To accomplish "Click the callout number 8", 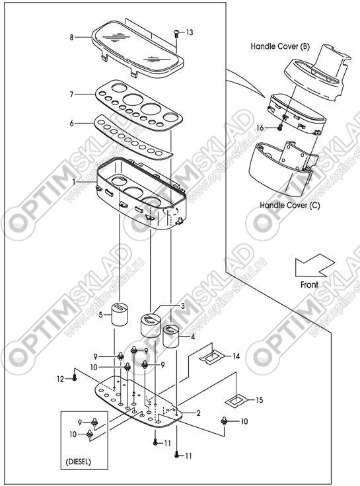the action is click(71, 38).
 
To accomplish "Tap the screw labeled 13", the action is click(176, 32).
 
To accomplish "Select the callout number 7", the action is click(71, 94).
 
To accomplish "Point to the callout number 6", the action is click(71, 124).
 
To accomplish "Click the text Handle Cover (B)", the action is click(280, 46).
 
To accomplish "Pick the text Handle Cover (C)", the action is click(290, 205).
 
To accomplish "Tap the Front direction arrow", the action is click(314, 265).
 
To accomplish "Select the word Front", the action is click(309, 284).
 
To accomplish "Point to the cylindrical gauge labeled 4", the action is click(171, 336).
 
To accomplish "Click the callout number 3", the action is click(182, 306).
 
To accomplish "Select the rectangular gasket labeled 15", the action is click(236, 400).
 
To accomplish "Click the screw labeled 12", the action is click(74, 378).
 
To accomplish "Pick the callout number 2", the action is click(198, 413).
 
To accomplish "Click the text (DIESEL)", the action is click(79, 462).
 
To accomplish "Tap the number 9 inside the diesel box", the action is click(80, 422).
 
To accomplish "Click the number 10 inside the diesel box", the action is click(73, 434).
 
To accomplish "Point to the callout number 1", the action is click(74, 182).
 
